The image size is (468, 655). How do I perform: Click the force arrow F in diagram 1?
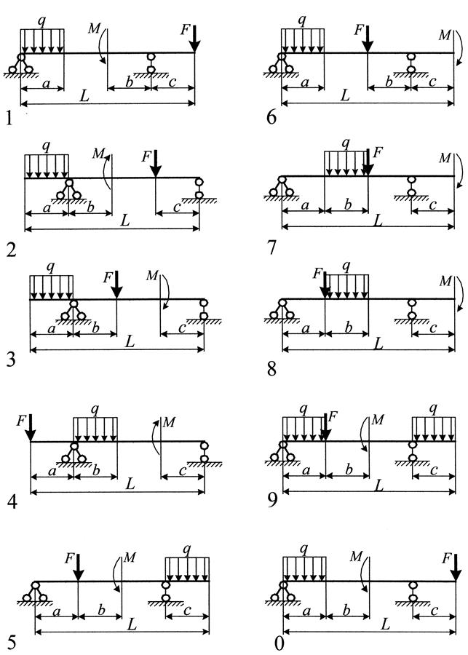195,39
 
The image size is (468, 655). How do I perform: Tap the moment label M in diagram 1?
95,28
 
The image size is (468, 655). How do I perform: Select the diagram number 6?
271,117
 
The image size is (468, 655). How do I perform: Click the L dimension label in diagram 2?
125,221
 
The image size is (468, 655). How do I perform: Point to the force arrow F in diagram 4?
30,428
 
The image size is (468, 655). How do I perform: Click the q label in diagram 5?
187,549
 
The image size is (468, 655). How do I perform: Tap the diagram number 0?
279,643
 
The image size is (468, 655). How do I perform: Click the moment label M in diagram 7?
445,158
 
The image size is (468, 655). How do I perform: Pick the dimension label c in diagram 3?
182,328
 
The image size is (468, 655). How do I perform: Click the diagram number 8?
272,369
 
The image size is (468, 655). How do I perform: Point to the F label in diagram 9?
333,416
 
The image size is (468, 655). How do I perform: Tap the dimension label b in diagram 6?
389,81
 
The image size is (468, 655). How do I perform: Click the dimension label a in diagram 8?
306,329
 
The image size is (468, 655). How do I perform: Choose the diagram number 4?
12,501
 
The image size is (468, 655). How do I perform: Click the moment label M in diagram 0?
356,557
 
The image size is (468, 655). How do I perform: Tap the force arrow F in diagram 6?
368,39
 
